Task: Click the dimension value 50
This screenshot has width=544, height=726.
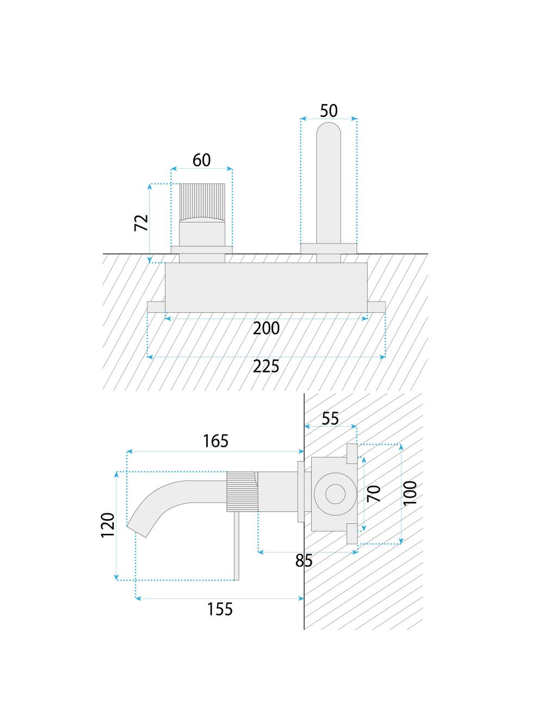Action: click(x=329, y=110)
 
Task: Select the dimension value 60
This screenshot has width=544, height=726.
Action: click(x=202, y=160)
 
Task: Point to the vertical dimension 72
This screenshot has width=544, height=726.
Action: click(x=141, y=223)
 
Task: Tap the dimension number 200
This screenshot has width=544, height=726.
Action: click(x=266, y=328)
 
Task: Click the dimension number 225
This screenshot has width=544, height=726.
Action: click(x=266, y=366)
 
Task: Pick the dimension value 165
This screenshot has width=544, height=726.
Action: click(x=215, y=441)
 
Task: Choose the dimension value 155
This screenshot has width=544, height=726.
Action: click(x=220, y=608)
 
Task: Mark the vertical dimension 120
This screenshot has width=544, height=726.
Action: click(x=108, y=525)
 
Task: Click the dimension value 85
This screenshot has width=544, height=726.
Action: click(x=304, y=561)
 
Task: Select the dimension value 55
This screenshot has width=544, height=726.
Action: click(x=330, y=418)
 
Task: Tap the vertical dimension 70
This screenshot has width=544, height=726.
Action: click(x=374, y=494)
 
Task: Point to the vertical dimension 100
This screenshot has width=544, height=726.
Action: click(x=411, y=493)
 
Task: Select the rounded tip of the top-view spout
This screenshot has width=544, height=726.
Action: click(x=329, y=131)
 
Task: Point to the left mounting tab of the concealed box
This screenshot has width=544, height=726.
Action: click(x=156, y=306)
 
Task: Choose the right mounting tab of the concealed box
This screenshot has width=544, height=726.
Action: click(x=376, y=306)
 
